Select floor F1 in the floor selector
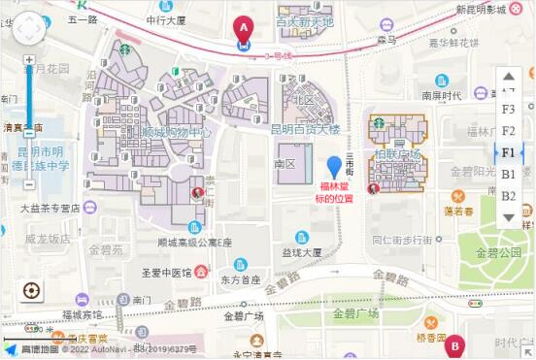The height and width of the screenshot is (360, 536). coord(509,152)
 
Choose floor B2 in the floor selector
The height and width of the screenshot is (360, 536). coord(509,196)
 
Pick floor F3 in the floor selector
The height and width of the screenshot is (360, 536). coord(509,109)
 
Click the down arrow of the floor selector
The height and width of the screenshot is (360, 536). coord(509,216)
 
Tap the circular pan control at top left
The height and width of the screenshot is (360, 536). coord(28,29)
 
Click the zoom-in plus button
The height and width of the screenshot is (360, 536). coord(29,60)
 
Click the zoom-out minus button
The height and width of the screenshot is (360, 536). coord(29,184)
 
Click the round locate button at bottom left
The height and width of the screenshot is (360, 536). coord(30,290)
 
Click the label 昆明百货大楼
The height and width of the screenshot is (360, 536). coord(306,128)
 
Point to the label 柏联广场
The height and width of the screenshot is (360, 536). coord(397,154)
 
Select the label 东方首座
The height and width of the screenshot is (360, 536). coord(240,279)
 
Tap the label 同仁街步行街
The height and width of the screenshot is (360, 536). coord(401,239)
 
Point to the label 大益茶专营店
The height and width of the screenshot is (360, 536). coord(50,208)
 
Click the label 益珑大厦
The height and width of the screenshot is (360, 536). coord(302,252)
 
